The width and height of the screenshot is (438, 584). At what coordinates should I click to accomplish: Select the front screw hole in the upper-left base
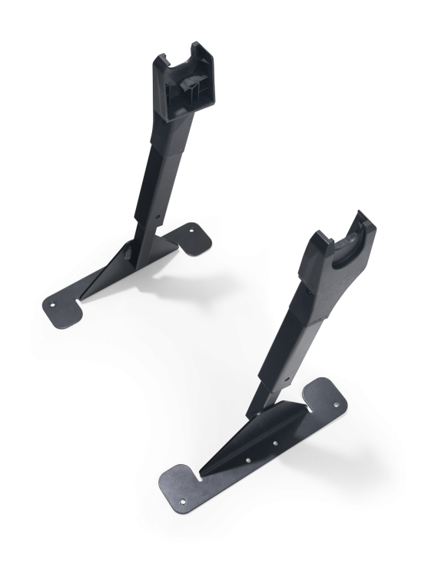(53, 303)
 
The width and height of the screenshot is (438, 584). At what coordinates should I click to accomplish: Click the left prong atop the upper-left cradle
(164, 60)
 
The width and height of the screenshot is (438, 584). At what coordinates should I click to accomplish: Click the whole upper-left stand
(146, 192)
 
